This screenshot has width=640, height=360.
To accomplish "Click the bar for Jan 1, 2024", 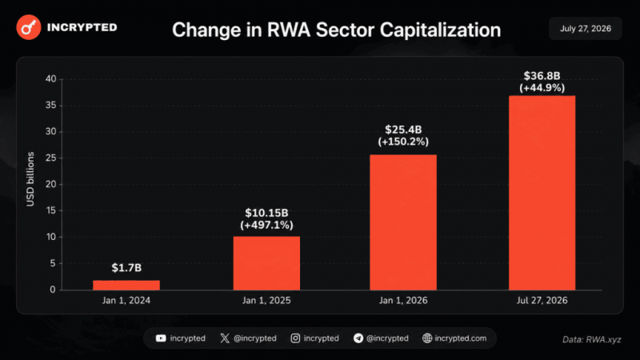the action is [126, 285].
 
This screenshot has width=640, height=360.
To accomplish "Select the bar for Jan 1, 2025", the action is [266, 263].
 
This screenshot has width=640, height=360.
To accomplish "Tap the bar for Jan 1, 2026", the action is [403, 222].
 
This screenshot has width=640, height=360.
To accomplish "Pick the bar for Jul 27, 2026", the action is [542, 193].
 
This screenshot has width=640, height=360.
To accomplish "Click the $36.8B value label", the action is [542, 76].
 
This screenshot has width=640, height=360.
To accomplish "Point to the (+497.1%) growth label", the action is [266, 225].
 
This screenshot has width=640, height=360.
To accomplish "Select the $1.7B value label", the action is [126, 268].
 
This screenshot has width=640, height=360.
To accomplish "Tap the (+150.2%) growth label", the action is [403, 142].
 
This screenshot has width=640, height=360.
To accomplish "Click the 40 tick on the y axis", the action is [51, 78].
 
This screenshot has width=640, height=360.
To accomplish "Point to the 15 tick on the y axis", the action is [51, 210].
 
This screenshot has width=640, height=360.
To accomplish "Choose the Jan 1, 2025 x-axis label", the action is [266, 301].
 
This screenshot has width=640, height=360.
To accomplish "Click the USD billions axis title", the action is [30, 179].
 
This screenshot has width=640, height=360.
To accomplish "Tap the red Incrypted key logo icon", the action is [29, 27].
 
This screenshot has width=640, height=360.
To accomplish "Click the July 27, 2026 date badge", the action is [586, 29].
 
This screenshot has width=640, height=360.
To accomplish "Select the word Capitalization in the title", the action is [440, 30].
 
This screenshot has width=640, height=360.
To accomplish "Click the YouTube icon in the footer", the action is [161, 338].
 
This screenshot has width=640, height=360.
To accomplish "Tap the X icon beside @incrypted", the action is [225, 338].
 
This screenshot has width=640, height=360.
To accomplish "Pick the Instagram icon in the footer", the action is [295, 338].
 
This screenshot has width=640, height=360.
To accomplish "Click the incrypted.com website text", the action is [461, 338].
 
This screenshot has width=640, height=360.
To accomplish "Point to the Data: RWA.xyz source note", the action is [592, 339].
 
